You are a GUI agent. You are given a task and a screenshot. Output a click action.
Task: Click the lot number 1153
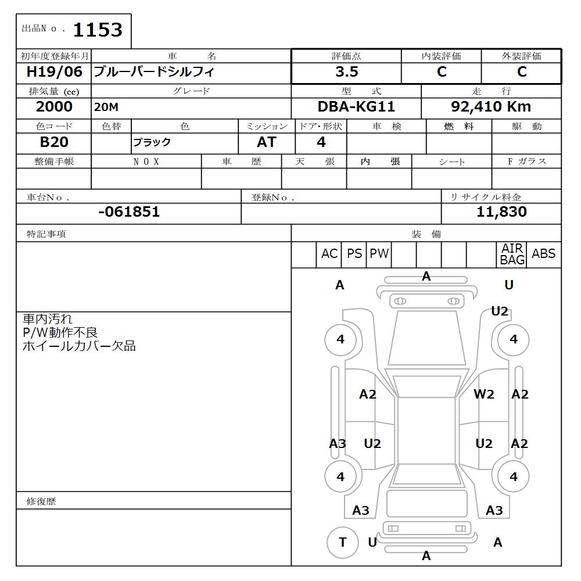point(97,30)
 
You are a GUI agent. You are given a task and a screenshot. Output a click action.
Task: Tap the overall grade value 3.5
point(346,72)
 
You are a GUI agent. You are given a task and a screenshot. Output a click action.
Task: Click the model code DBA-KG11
point(356,107)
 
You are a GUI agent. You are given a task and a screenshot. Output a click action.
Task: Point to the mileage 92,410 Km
point(491,107)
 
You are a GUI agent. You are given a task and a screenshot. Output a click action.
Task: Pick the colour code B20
point(54,142)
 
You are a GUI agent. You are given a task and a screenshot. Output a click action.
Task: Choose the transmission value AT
point(267,142)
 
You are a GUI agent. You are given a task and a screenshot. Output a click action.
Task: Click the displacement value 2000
point(54,107)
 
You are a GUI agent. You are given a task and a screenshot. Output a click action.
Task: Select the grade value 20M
point(106,107)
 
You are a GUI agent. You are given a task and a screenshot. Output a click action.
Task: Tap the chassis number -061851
point(129,212)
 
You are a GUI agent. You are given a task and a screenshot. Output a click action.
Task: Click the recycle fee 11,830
point(501,212)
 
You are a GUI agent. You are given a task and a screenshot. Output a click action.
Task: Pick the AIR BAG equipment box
point(512,254)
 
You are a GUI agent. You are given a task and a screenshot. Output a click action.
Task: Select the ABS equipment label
point(543,254)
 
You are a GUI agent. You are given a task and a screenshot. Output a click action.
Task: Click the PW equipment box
point(379,254)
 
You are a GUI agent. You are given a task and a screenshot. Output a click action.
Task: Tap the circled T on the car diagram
point(342,542)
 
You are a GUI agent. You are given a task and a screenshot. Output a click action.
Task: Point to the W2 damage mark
point(483,394)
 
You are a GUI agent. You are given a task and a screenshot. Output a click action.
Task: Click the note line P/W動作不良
point(60,332)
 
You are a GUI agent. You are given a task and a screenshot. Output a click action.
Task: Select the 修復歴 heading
point(41,501)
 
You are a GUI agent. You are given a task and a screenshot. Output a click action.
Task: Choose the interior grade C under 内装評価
point(442,72)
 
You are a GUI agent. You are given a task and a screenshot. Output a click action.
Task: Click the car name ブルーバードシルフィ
point(154,72)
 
